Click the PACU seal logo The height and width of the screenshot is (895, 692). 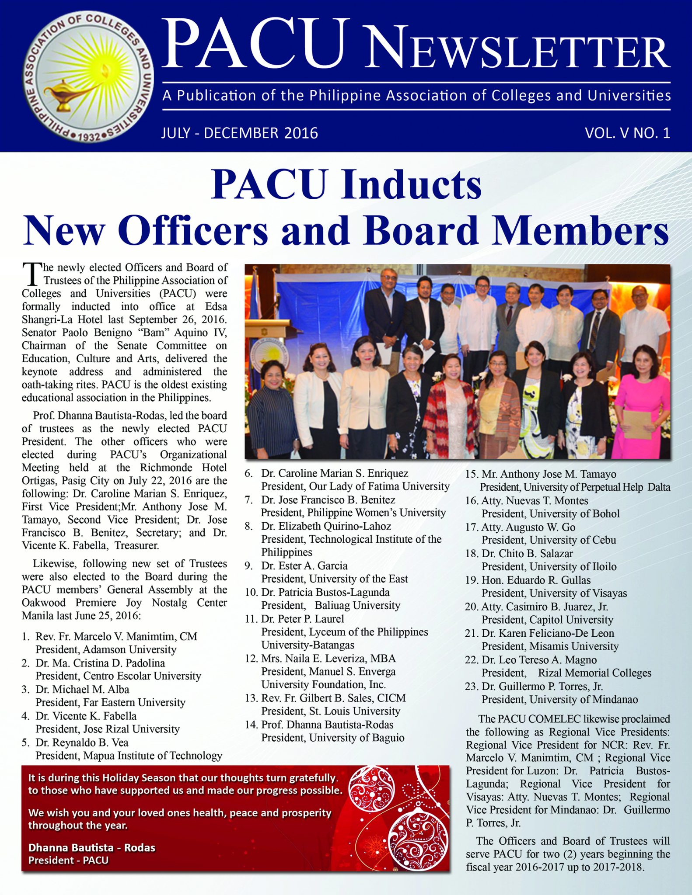[88, 77]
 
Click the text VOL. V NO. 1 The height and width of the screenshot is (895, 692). [627, 133]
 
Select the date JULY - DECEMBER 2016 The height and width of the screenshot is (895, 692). [240, 133]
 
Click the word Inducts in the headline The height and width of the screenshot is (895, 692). [412, 184]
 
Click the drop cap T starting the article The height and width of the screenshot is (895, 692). [31, 274]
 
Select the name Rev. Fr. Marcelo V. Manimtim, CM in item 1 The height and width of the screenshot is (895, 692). [116, 636]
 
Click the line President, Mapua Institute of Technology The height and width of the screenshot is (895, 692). [129, 756]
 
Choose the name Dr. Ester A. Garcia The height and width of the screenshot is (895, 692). [304, 565]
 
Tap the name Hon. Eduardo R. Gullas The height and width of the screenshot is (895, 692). [536, 580]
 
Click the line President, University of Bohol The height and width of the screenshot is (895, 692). [550, 513]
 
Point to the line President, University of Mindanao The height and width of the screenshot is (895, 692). [559, 699]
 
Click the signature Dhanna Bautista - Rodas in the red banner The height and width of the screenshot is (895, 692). [92, 847]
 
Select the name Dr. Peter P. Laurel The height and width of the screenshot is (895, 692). [302, 619]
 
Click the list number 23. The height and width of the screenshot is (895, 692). [471, 686]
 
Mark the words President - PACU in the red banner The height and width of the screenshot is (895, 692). [68, 860]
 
